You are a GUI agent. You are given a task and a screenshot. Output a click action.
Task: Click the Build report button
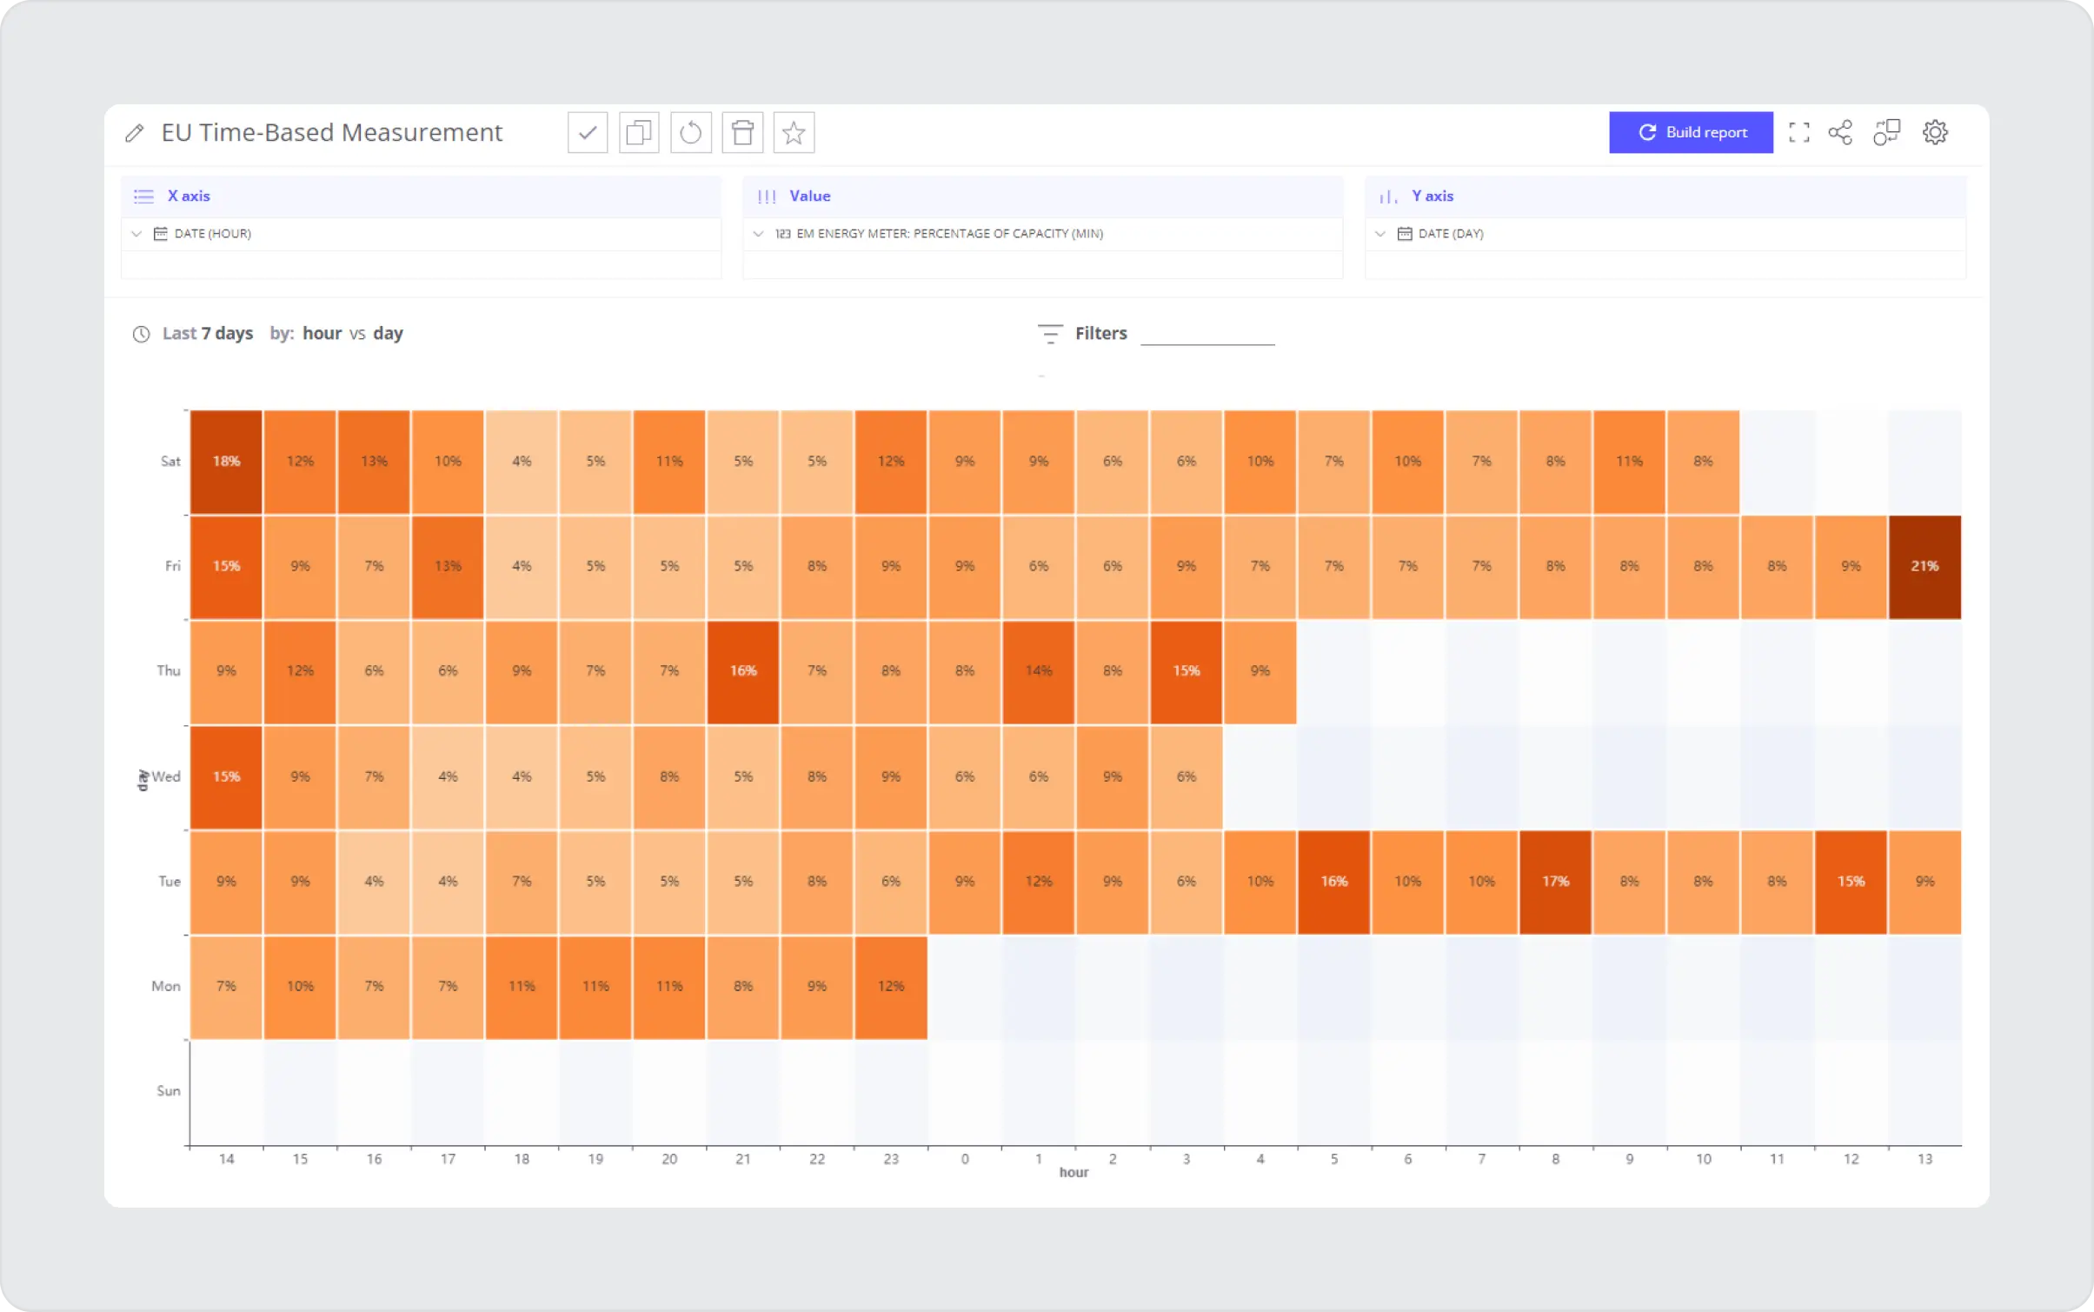(1691, 132)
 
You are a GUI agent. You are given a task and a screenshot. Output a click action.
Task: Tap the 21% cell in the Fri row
(1924, 566)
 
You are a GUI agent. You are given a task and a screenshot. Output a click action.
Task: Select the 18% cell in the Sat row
(226, 462)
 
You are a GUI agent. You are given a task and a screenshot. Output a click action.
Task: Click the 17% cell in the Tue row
(1555, 882)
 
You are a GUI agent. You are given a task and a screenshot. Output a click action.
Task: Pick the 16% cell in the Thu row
(742, 671)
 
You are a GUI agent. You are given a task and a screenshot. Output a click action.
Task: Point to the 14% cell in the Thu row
(1038, 671)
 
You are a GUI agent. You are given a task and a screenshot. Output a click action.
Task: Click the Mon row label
(165, 986)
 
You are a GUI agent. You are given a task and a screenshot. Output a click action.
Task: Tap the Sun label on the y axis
(168, 1090)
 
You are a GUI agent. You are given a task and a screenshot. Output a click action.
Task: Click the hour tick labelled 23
(890, 1159)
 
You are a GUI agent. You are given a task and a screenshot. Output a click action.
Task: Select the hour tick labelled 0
(965, 1159)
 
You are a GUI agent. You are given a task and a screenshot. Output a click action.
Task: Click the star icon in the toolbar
(793, 133)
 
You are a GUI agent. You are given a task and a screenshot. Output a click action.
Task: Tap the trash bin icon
(742, 133)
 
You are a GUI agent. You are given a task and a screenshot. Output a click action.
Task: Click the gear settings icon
(1935, 132)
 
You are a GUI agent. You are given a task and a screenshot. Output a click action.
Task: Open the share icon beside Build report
(1840, 132)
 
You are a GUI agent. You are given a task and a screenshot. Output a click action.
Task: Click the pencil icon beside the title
(134, 133)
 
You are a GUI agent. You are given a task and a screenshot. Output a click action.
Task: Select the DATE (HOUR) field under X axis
(212, 234)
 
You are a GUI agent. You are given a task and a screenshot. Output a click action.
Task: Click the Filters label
(1100, 333)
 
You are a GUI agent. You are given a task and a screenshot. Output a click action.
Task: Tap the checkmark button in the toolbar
(588, 133)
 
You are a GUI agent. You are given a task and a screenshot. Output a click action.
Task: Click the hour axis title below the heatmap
(1074, 1172)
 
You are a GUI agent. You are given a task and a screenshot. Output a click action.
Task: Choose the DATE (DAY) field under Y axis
(1450, 234)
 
